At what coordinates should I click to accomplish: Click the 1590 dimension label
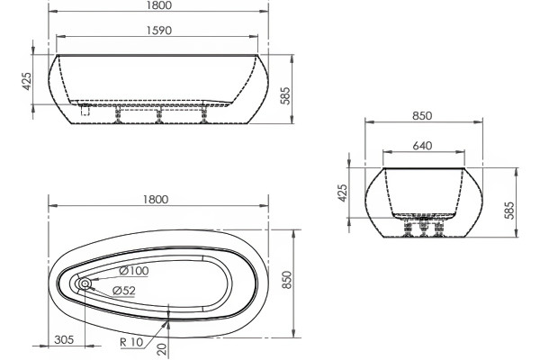pyautogui.click(x=159, y=31)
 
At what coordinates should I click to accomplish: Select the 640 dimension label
pyautogui.click(x=422, y=146)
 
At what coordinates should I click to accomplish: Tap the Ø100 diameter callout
pyautogui.click(x=133, y=271)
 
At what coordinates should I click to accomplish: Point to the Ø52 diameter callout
pyautogui.click(x=124, y=291)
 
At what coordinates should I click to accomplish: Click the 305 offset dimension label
pyautogui.click(x=64, y=339)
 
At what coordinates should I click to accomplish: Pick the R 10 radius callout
pyautogui.click(x=131, y=342)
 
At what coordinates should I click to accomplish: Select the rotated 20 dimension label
pyautogui.click(x=161, y=349)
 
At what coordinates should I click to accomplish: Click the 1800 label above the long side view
pyautogui.click(x=158, y=5)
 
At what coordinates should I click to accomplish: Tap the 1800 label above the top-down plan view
pyautogui.click(x=156, y=200)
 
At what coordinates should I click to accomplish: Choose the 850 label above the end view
pyautogui.click(x=422, y=116)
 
